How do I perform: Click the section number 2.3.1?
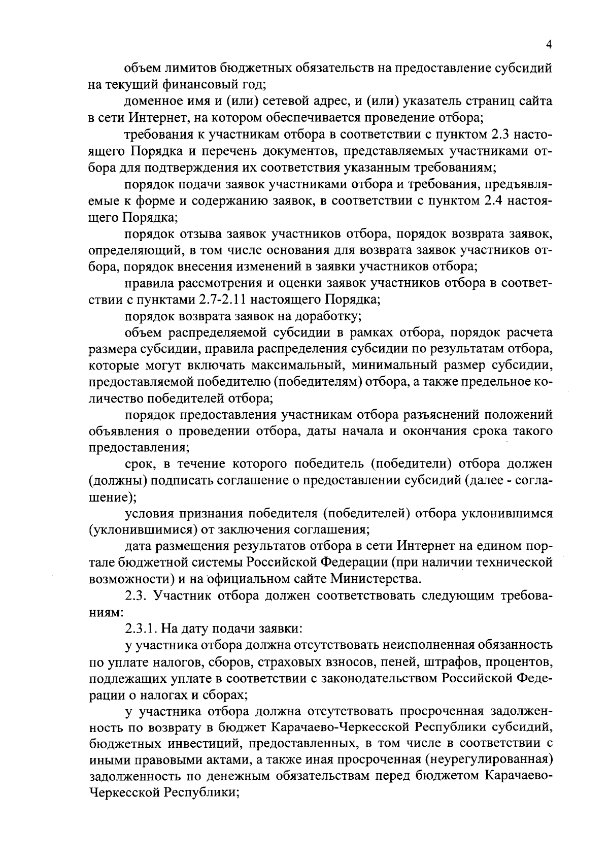(141, 628)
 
